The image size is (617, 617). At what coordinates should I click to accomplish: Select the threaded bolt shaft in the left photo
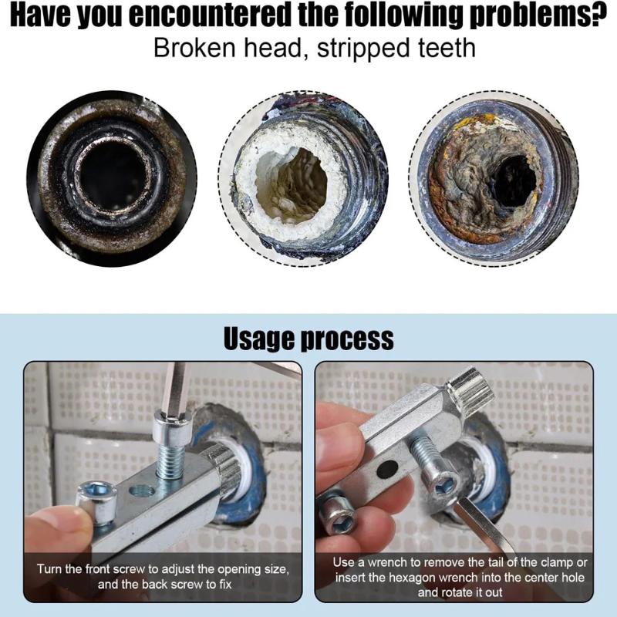[x=170, y=457]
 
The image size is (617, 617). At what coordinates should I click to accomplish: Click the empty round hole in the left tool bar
[x=142, y=491]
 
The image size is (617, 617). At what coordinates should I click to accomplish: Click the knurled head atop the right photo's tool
[x=470, y=388]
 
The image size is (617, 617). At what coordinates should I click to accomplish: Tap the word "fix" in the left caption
[x=225, y=584]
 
